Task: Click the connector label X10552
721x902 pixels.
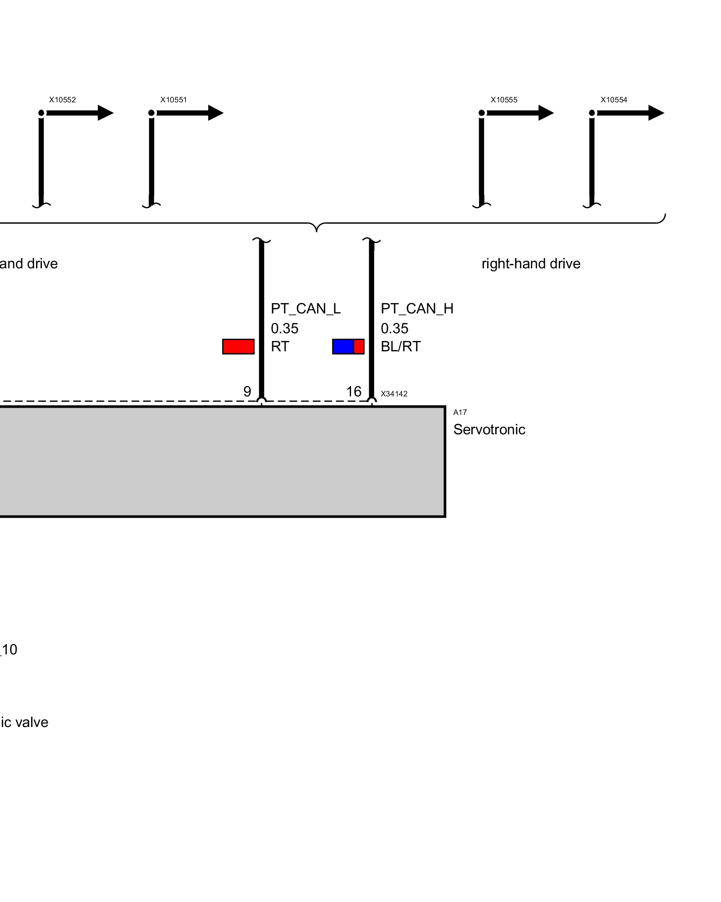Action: pyautogui.click(x=62, y=100)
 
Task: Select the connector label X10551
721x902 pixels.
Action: pyautogui.click(x=173, y=100)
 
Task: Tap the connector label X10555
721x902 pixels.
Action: pyautogui.click(x=504, y=100)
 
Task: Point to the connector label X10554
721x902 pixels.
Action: pyautogui.click(x=614, y=100)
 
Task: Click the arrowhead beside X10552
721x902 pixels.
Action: pyautogui.click(x=105, y=113)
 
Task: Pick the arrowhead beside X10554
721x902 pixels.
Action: pyautogui.click(x=656, y=113)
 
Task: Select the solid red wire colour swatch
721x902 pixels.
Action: pyautogui.click(x=238, y=346)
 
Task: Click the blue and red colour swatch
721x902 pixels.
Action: pyautogui.click(x=348, y=346)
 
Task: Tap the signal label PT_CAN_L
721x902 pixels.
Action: pyautogui.click(x=306, y=309)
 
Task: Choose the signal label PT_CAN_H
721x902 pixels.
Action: pyautogui.click(x=417, y=309)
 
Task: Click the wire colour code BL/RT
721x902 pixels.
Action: pyautogui.click(x=401, y=346)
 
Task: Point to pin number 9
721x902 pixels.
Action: pyautogui.click(x=247, y=391)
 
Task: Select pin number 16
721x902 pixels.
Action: pyautogui.click(x=354, y=391)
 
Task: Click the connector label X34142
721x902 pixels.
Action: pyautogui.click(x=394, y=394)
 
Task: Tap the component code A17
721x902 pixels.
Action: pyautogui.click(x=460, y=412)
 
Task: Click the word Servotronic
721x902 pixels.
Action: pyautogui.click(x=489, y=429)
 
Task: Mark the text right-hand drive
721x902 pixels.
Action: pyautogui.click(x=531, y=263)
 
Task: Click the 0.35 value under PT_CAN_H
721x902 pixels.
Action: pyautogui.click(x=394, y=328)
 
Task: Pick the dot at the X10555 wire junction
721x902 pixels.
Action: pyautogui.click(x=482, y=113)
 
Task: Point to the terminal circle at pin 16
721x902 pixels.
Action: pyautogui.click(x=372, y=400)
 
